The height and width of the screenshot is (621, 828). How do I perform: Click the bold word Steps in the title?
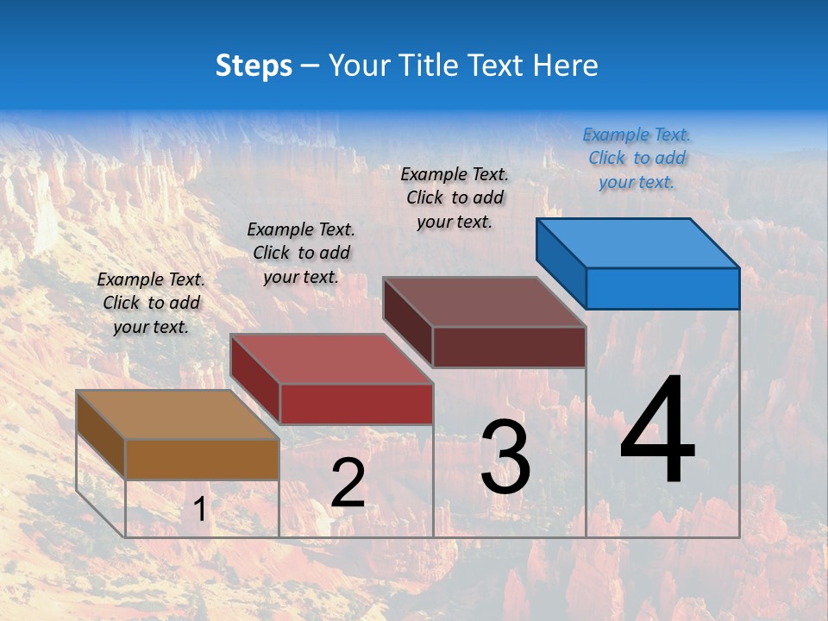click(254, 66)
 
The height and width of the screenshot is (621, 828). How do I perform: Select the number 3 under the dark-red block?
click(505, 457)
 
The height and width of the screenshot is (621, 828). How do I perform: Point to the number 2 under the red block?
click(348, 483)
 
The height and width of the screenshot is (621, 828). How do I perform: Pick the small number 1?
click(199, 510)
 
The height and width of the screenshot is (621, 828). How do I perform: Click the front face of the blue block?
click(662, 288)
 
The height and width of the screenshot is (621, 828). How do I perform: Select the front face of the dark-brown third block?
click(509, 347)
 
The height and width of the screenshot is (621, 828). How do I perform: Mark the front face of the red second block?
click(356, 404)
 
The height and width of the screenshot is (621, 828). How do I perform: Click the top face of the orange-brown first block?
click(177, 415)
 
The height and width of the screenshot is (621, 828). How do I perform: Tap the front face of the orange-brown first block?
click(203, 459)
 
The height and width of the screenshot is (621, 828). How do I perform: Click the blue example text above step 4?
click(637, 158)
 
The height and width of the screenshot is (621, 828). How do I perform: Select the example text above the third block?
click(455, 198)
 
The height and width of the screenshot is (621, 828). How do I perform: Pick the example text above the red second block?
click(301, 253)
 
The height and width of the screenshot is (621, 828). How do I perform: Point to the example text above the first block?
click(151, 303)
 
